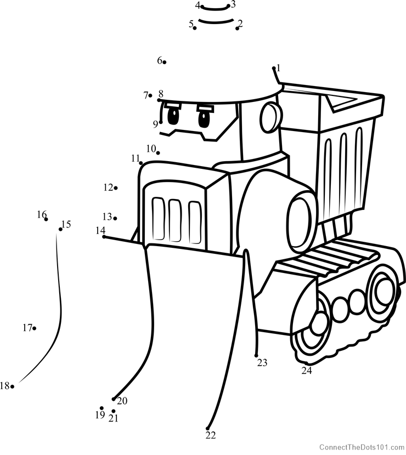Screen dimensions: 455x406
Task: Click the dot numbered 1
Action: tap(274, 69)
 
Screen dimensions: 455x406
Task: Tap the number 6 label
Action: tap(160, 60)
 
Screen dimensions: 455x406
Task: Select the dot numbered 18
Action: tap(12, 386)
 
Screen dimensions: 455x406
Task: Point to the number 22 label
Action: tap(211, 435)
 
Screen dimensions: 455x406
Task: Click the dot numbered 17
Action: tap(35, 328)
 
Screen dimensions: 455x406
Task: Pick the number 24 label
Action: tap(306, 371)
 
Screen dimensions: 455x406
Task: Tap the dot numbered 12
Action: tap(116, 188)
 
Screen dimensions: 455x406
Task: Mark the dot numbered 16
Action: tap(46, 219)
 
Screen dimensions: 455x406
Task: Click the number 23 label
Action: tap(262, 362)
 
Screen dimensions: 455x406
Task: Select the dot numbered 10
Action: tap(158, 152)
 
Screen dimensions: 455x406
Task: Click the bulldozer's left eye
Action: tap(173, 116)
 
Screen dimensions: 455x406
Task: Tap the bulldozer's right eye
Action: tap(205, 118)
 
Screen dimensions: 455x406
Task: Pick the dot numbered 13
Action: tap(115, 218)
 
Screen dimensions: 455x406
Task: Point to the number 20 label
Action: tap(122, 401)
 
